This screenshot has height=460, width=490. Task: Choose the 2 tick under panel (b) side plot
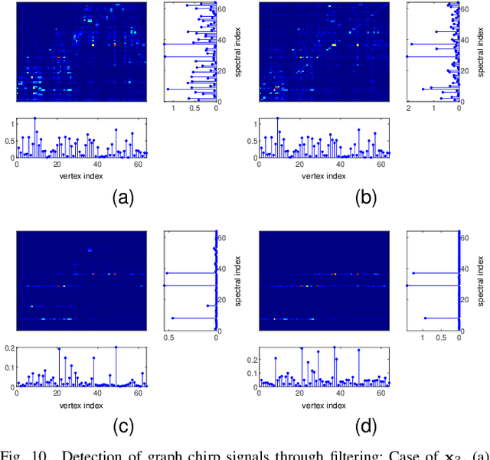click(x=409, y=109)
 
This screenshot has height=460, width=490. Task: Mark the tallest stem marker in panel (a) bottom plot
click(x=34, y=119)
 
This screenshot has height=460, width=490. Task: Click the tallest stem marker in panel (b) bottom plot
click(x=277, y=119)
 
